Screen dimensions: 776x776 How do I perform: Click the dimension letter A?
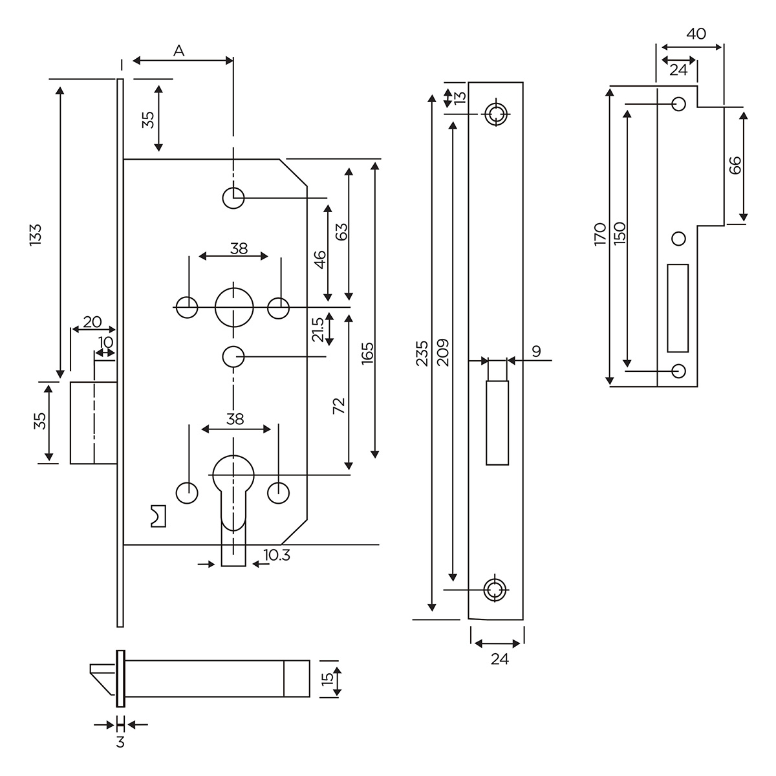coord(179,51)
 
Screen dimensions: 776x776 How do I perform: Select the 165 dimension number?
coord(367,355)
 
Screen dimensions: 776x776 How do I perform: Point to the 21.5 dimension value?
coord(318,329)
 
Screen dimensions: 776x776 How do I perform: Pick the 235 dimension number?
coord(422,354)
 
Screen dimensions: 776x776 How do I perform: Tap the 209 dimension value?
coord(443,352)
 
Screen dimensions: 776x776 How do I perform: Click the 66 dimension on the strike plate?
coord(734,165)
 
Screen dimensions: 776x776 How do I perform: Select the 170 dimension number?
coord(599,233)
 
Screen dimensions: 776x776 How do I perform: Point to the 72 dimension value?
coord(339,405)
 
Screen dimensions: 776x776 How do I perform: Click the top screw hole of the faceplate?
coord(497,114)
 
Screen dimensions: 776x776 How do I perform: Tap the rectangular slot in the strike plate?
coord(678,308)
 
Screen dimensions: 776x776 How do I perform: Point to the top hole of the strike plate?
coord(678,103)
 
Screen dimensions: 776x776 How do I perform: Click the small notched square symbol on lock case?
coord(158,515)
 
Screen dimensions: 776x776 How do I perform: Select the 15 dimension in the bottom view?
coord(327,678)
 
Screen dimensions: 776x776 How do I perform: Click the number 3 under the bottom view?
coord(120,742)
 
